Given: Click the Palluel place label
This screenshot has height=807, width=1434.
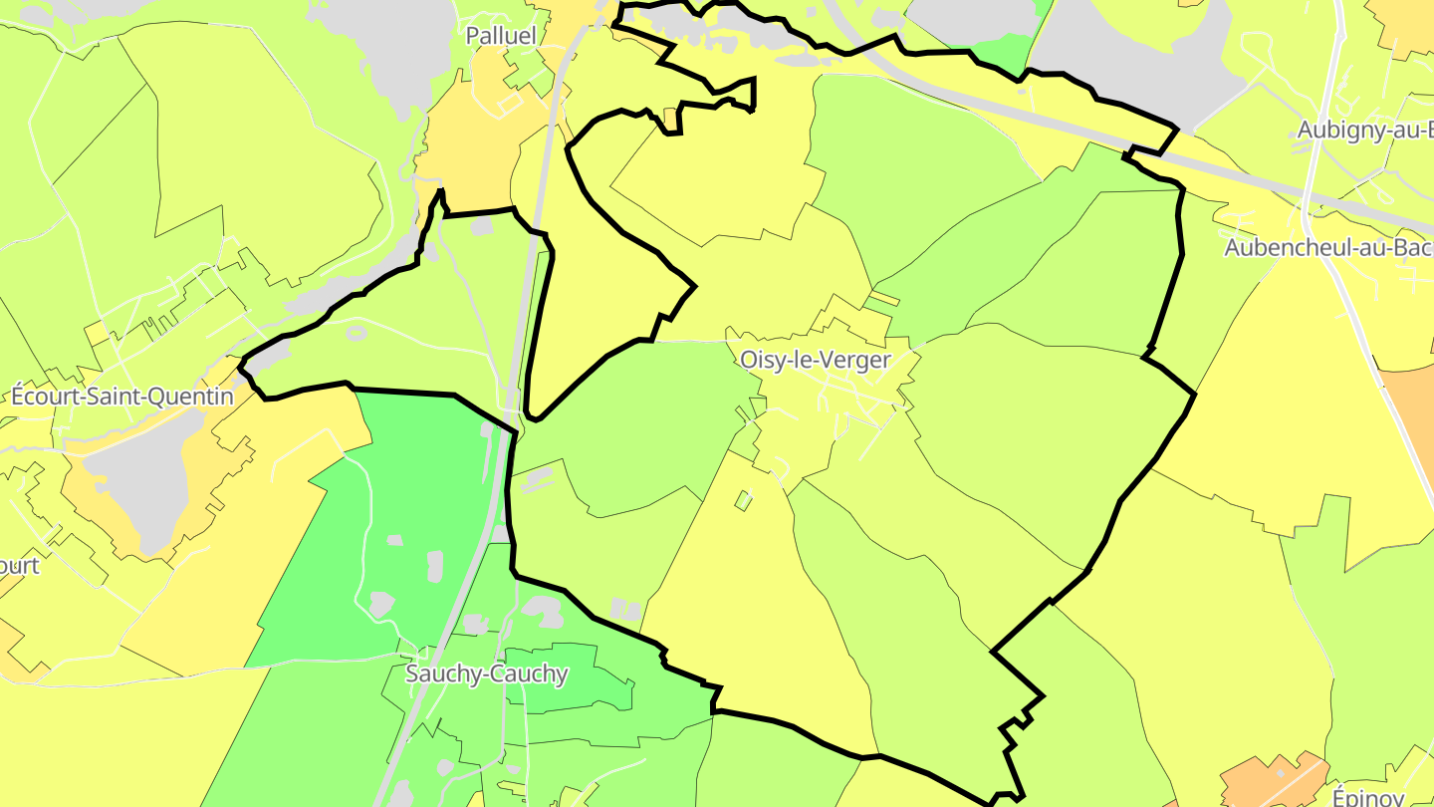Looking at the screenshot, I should click(x=501, y=36).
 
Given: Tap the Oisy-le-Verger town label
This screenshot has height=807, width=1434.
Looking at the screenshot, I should click(x=815, y=360).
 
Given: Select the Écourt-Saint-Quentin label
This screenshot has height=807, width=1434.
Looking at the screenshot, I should click(x=122, y=397).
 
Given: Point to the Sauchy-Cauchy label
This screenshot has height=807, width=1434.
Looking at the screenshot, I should click(x=486, y=674).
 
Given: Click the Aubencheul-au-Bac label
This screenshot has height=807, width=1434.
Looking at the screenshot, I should click(x=1327, y=248).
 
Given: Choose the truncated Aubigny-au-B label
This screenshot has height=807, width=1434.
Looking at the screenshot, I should click(x=1364, y=131).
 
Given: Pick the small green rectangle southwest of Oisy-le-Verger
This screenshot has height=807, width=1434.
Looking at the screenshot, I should click(x=744, y=500).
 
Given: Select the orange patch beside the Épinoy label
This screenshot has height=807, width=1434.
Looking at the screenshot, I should click(x=1265, y=782).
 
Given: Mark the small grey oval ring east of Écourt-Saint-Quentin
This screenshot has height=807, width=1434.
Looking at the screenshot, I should click(x=357, y=333).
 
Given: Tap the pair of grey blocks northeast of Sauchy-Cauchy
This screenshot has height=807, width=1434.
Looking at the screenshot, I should click(x=626, y=610).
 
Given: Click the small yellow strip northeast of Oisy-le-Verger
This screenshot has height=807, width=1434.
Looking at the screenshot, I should click(x=882, y=298).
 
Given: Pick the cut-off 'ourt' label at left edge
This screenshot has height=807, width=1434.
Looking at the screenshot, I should click(x=20, y=566).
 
